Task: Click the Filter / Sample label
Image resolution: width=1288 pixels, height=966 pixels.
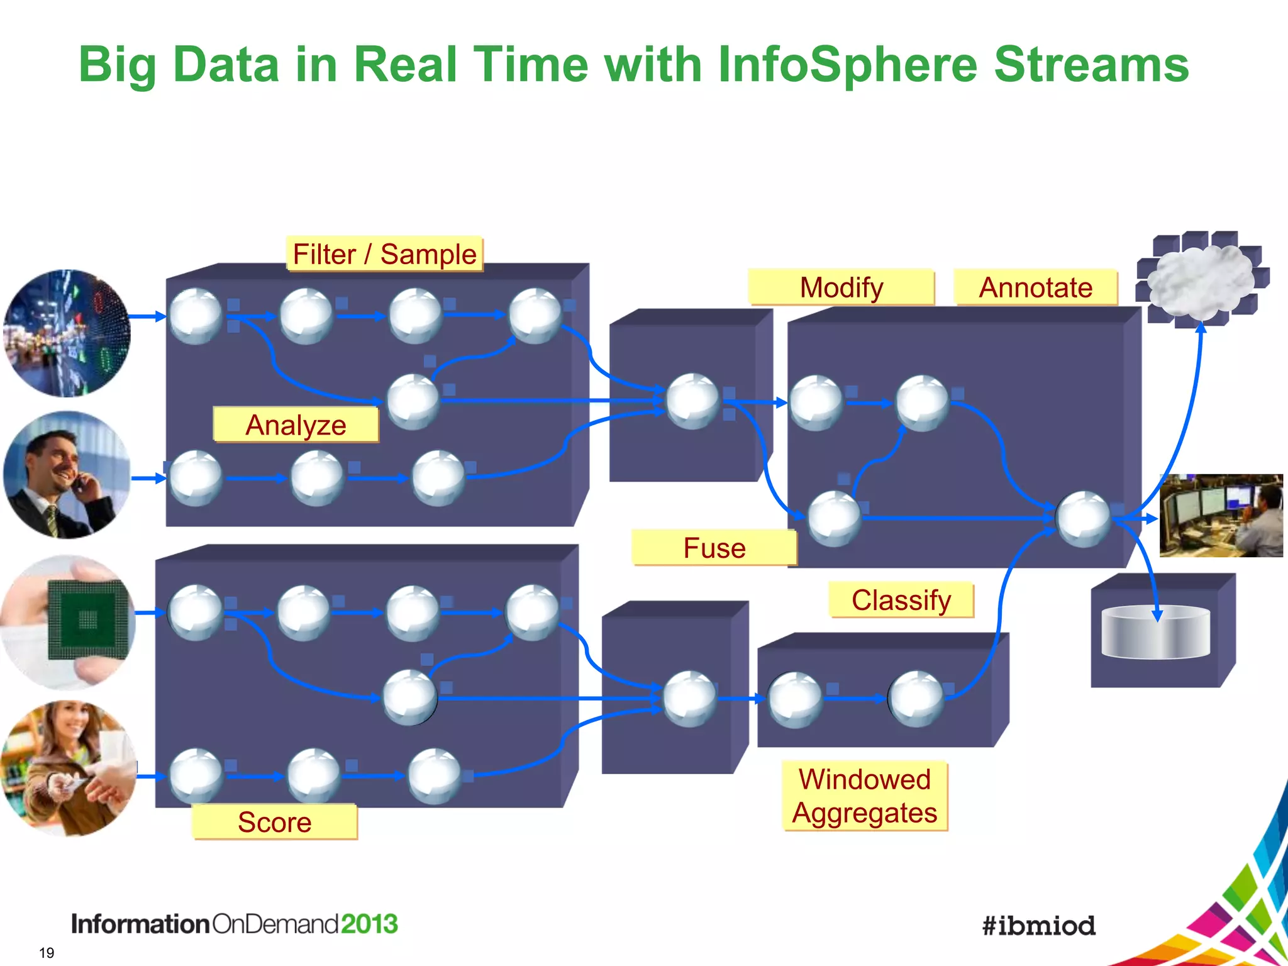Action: coord(384,254)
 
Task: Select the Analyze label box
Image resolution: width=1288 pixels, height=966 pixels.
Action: coord(296,425)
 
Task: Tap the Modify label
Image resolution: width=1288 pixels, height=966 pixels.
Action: coord(841,287)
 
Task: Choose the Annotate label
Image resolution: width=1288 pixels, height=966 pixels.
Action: coord(1035,287)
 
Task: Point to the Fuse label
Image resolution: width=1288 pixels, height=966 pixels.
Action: coord(714,548)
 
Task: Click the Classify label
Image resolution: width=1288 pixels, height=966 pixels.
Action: coord(901,600)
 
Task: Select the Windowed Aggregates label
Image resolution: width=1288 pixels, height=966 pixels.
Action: coord(864,796)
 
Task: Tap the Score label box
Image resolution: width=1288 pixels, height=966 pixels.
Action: coord(274,822)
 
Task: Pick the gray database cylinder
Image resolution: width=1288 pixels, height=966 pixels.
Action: coord(1155,633)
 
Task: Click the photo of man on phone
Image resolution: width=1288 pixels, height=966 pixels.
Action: coord(66,475)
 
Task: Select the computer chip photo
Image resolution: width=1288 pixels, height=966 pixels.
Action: coord(68,621)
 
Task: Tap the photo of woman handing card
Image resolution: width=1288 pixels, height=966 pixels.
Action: coord(68,768)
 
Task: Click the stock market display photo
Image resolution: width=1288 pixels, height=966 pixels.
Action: coord(67,333)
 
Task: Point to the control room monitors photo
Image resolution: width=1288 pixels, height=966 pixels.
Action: coord(1221,516)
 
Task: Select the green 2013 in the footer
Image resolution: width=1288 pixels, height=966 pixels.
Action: coord(369,924)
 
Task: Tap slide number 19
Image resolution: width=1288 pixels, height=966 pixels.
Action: coord(47,953)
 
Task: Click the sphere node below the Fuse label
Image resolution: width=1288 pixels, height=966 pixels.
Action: coord(690,699)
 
